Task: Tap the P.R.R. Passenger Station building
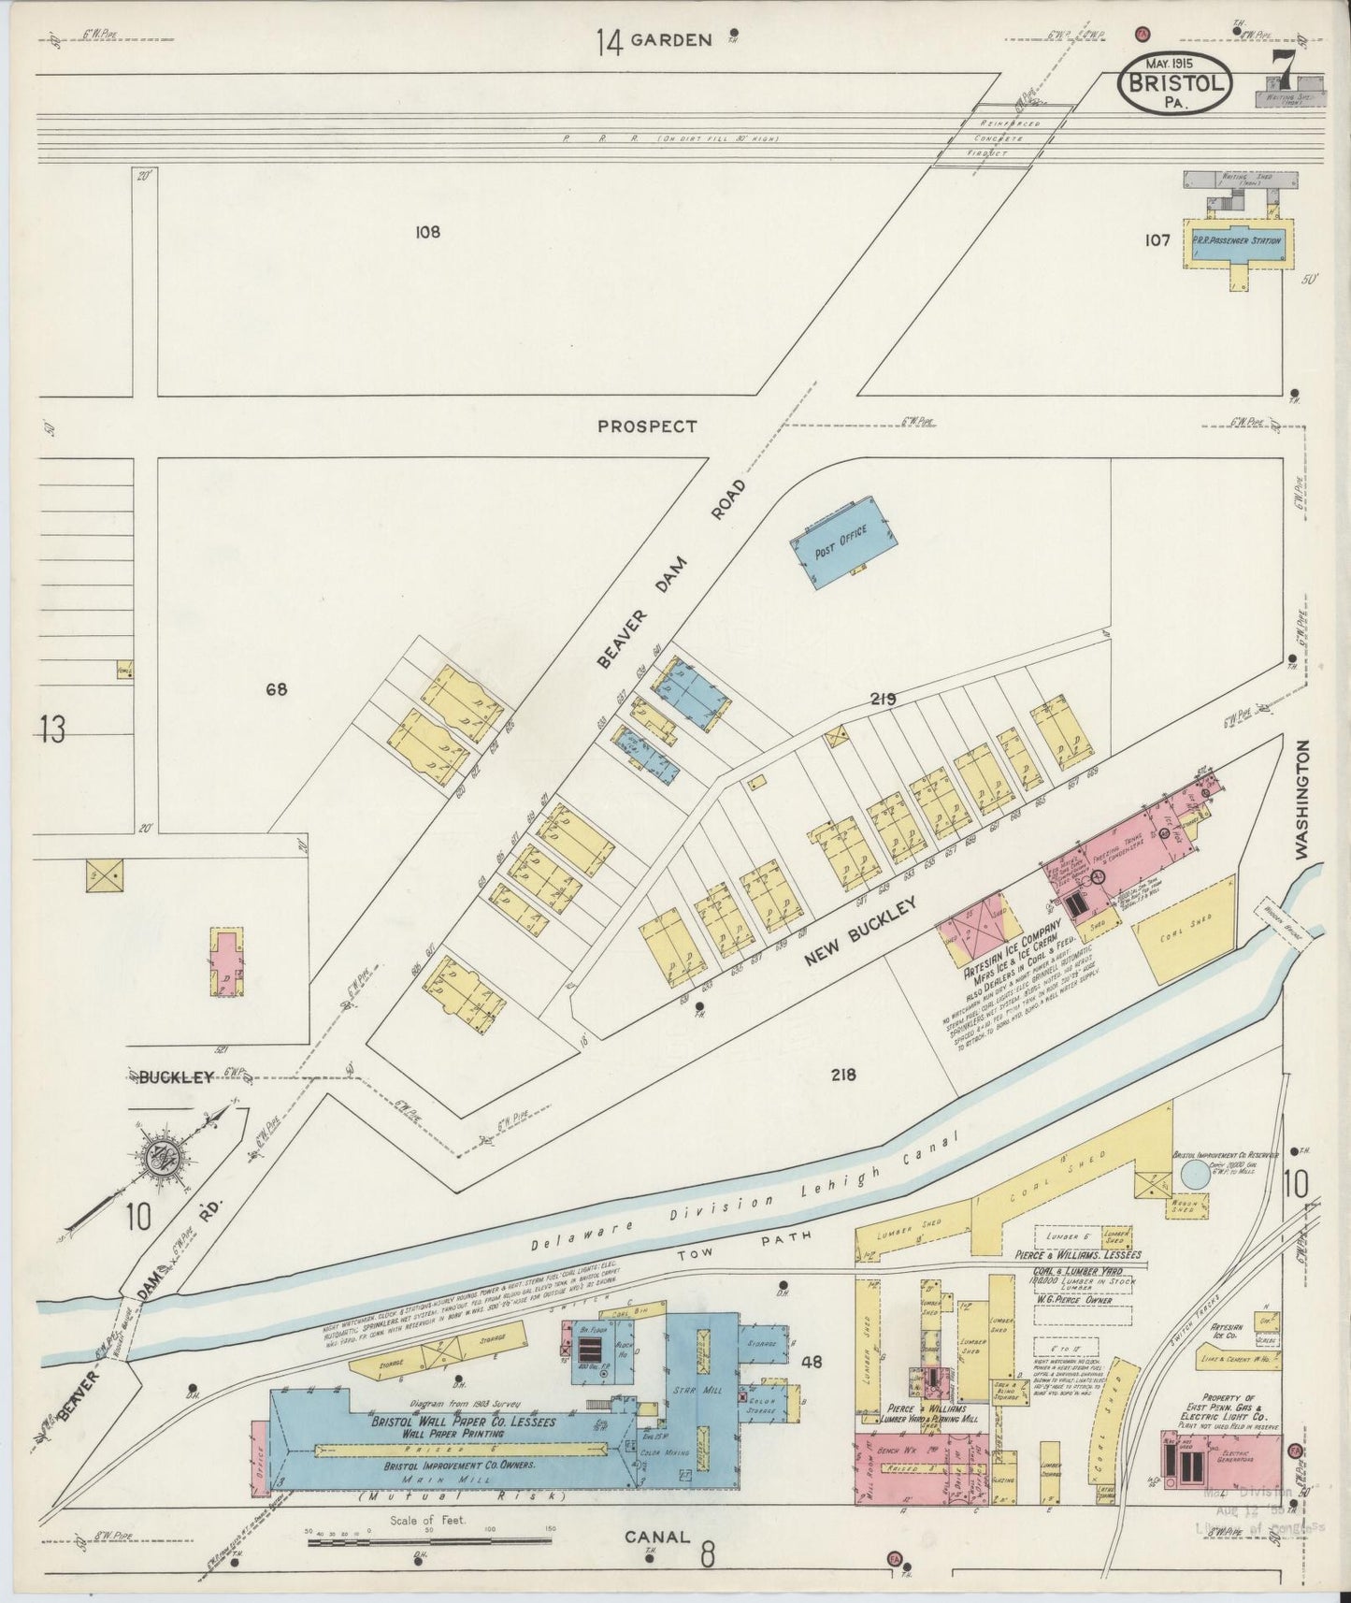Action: (x=1236, y=240)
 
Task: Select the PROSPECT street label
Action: (x=647, y=426)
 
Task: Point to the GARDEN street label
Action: (x=670, y=40)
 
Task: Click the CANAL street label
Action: (x=657, y=1537)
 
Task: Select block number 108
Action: (x=427, y=232)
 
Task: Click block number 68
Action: (x=276, y=690)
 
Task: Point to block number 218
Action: (x=843, y=1075)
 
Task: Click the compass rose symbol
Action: (x=165, y=1158)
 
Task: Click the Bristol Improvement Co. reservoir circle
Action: (x=1193, y=1173)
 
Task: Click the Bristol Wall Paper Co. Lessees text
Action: (x=464, y=1422)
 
